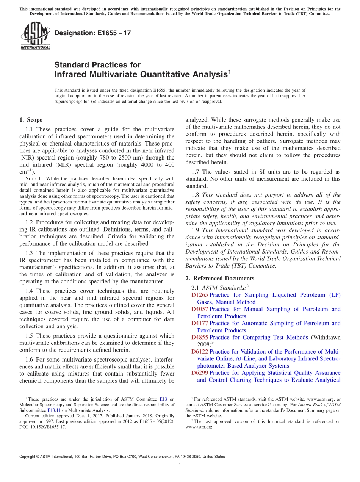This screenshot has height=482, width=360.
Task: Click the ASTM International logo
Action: [x=35, y=36]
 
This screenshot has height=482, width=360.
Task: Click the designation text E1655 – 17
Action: [x=93, y=33]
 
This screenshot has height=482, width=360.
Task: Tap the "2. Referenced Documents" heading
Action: [x=220, y=278]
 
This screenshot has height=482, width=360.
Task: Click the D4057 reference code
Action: [x=200, y=309]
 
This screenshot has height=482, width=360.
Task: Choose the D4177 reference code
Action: [x=200, y=323]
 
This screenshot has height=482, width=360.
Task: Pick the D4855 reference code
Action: [x=200, y=337]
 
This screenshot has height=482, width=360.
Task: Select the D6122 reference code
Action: [x=200, y=352]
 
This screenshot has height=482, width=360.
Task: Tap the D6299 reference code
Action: [x=200, y=373]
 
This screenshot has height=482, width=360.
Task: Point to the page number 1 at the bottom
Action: [x=180, y=466]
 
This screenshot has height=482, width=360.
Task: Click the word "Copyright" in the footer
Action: [x=28, y=457]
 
